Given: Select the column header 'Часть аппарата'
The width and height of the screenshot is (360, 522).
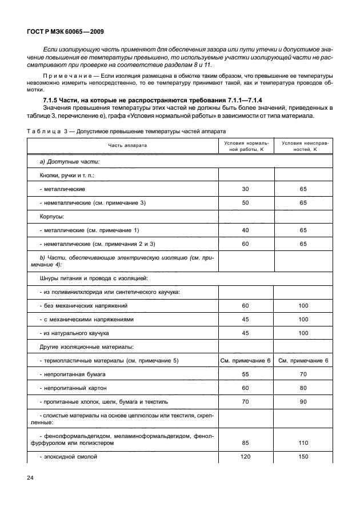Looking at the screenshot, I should point(128,145).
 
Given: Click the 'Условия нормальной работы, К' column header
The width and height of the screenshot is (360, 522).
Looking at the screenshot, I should point(246,145).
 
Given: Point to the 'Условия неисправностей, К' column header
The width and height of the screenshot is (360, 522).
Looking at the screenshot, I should point(303,145).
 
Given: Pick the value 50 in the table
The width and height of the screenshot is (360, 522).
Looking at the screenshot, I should point(246,202).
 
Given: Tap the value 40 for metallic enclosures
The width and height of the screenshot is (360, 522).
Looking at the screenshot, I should point(246,230).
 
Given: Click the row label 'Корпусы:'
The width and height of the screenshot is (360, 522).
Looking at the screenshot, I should point(51,217).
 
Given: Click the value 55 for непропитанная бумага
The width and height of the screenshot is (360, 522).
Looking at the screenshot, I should point(246,374).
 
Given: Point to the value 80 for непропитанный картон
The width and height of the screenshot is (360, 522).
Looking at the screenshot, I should point(303,388).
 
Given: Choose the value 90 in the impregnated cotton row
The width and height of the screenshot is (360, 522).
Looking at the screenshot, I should point(303,402).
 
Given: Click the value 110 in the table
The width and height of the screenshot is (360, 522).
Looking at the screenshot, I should point(303,443).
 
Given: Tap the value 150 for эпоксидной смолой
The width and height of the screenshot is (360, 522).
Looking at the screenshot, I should point(303,457).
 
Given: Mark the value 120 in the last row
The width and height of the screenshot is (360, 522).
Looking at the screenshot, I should point(246,457).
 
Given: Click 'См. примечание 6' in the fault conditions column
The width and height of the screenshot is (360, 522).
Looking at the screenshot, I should point(303,360).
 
